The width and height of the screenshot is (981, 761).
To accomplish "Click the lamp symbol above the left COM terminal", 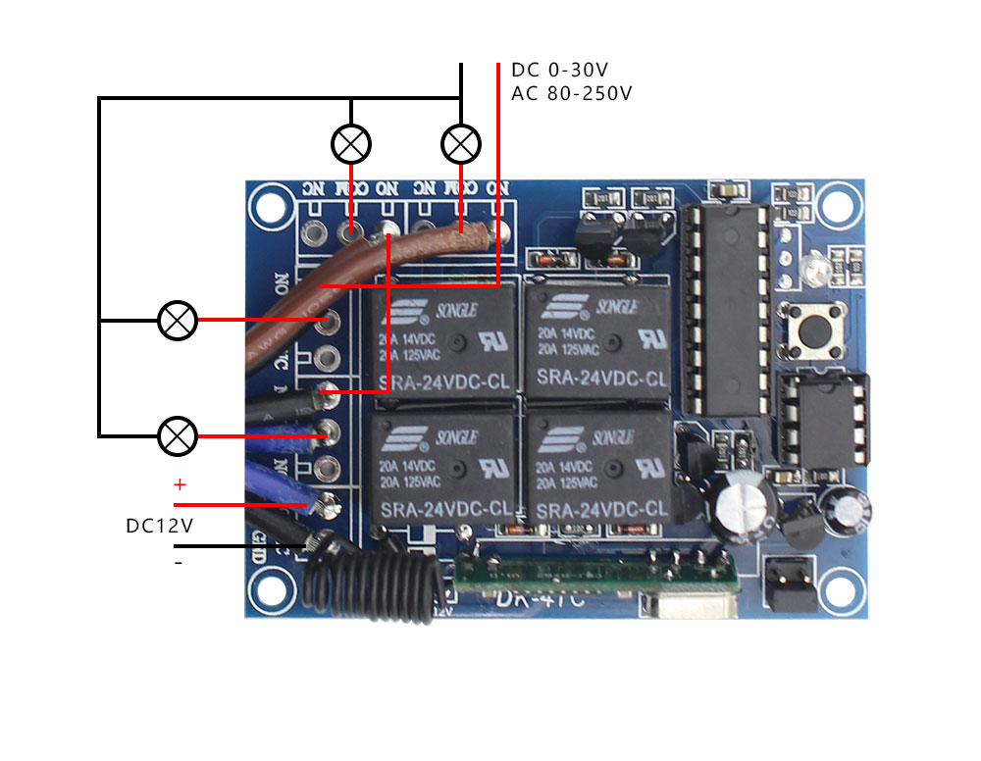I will pos(350,145).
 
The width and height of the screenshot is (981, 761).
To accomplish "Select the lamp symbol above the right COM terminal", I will pos(460,145).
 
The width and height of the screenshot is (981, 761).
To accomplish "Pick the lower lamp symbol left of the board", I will pos(178,434).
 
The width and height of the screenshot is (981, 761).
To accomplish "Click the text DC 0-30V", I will pos(560,71).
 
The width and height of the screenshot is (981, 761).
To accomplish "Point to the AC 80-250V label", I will pos(572,94).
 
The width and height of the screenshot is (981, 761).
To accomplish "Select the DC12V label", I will pos(159,526).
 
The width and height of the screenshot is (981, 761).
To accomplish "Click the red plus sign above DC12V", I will pos(180,485).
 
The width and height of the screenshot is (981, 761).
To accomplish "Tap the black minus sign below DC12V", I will pos(179,563).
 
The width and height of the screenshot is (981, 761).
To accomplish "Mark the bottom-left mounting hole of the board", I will pos(271,590).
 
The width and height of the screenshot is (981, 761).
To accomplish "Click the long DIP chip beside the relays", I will pos(726,309).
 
